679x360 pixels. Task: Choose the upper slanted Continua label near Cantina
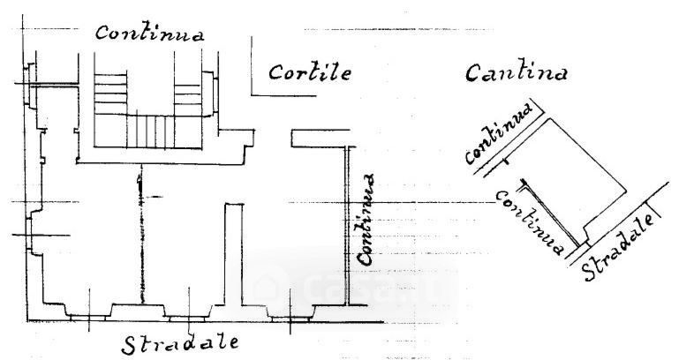(500, 134)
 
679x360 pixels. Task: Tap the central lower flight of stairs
(149, 131)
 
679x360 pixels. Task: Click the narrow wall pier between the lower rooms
(233, 256)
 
